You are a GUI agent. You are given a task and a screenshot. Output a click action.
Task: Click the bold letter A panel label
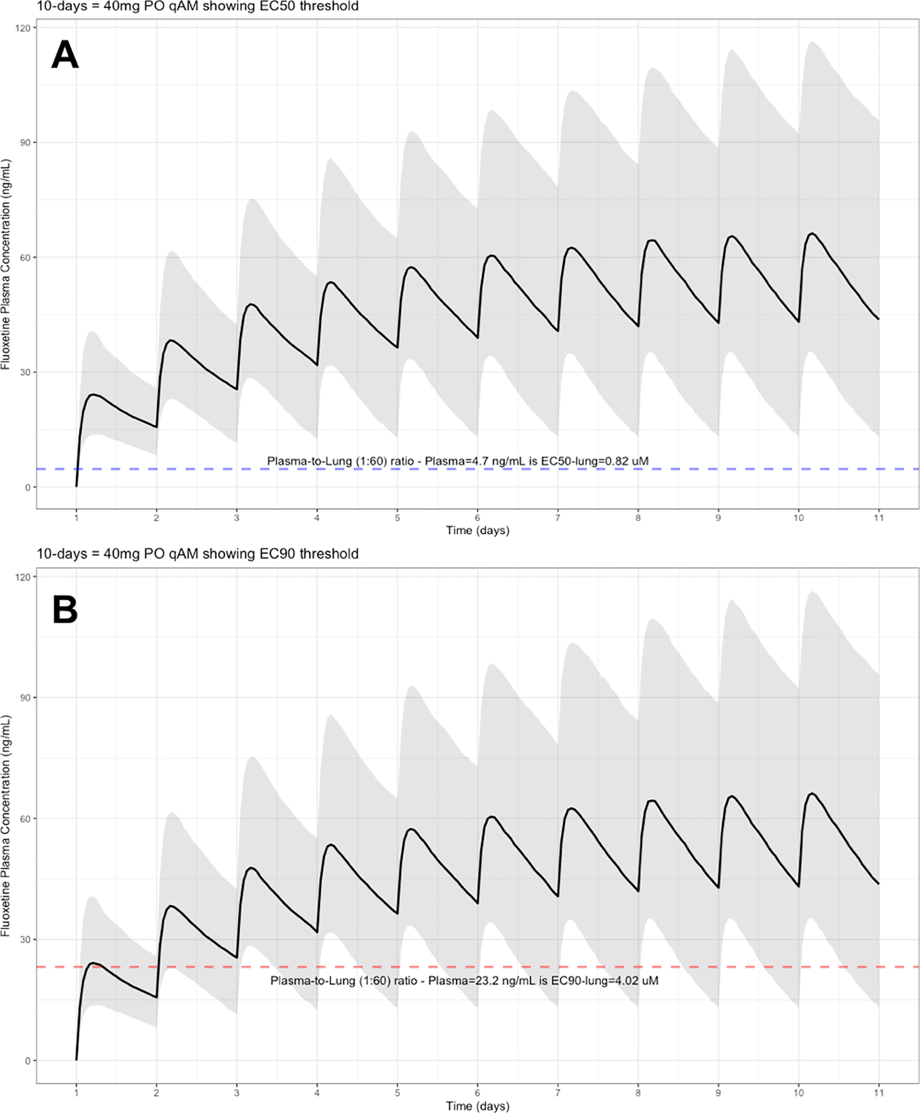[x=65, y=55]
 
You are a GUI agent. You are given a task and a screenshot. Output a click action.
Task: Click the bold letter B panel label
[x=65, y=610]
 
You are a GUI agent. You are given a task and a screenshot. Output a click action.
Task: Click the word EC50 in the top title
[x=280, y=7]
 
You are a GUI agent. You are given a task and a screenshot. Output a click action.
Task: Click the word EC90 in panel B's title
[x=280, y=554]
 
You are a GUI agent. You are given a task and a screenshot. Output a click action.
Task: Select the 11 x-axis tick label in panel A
[x=878, y=518]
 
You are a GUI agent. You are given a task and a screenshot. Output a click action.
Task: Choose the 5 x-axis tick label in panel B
[x=397, y=1093]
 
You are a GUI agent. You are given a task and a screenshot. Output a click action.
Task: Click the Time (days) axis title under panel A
[x=477, y=530]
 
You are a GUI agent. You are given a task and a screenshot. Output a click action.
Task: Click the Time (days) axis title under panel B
[x=477, y=1106]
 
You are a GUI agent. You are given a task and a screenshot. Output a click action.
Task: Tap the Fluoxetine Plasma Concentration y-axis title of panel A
[x=6, y=264]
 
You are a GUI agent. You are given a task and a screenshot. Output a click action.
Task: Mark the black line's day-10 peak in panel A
[x=812, y=233]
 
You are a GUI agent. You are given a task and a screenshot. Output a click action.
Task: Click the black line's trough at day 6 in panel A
[x=477, y=337]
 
